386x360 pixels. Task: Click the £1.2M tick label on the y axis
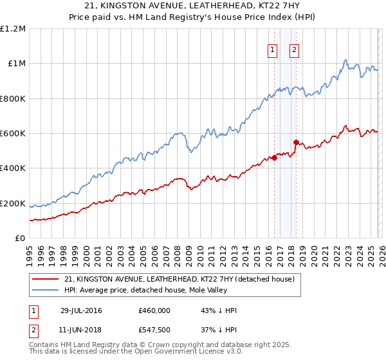(13, 29)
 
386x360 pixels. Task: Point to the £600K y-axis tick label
(13, 134)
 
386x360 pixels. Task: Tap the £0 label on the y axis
(21, 239)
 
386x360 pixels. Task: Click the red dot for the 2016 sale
(274, 158)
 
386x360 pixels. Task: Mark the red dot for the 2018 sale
(295, 143)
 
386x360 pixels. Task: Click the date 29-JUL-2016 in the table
(82, 310)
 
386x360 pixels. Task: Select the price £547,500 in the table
(154, 329)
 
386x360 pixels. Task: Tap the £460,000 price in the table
(154, 310)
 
